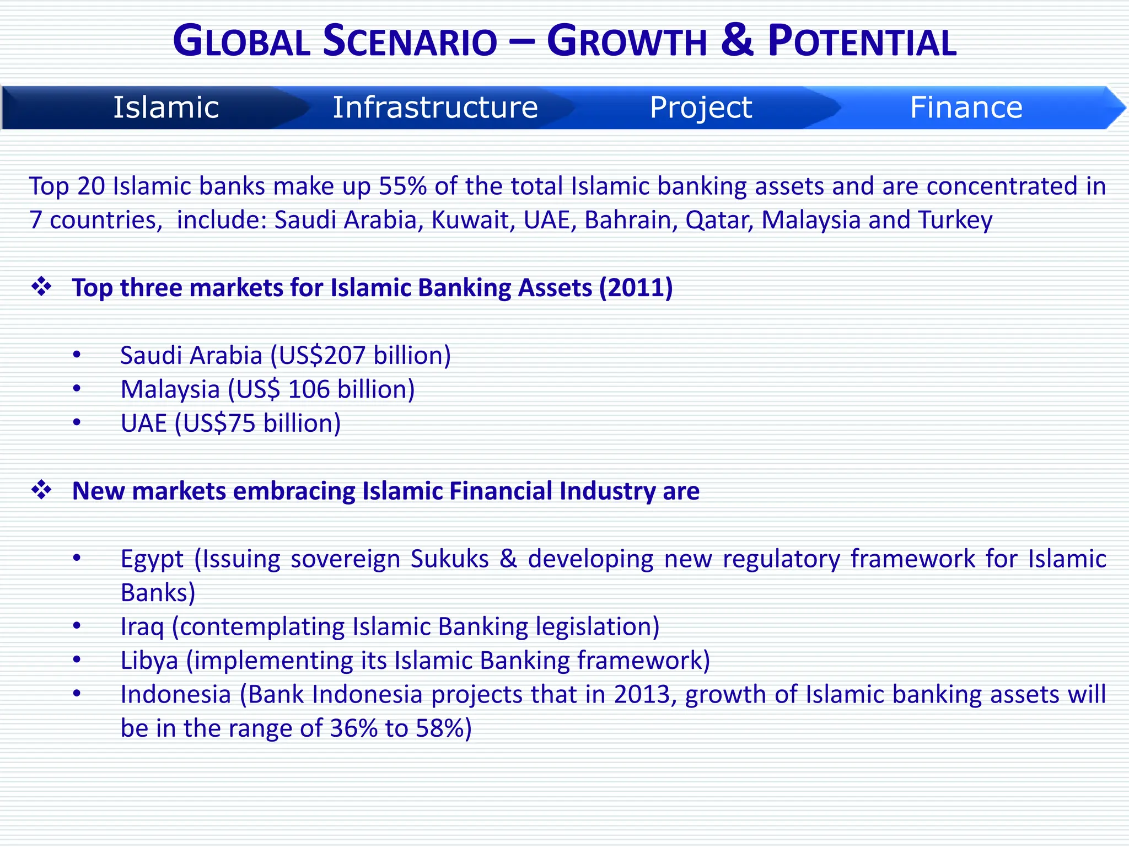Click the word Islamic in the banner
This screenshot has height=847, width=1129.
coord(166,107)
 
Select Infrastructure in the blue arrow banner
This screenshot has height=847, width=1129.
coord(435,107)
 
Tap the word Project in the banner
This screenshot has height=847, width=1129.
coord(700,107)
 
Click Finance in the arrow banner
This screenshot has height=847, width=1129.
coord(966,107)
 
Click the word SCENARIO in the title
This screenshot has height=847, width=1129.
coord(410,42)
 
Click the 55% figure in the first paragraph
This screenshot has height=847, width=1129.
coord(402,186)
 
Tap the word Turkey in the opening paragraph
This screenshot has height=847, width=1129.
coord(955,220)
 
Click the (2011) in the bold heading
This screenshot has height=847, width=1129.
coord(636,288)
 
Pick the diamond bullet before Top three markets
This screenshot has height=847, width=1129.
coord(41,287)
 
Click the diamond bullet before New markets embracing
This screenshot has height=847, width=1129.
coord(41,490)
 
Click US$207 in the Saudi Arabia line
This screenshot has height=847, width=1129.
coord(321,356)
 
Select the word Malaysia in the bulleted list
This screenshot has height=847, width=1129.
coord(170,390)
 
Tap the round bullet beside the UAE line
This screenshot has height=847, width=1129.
coord(77,423)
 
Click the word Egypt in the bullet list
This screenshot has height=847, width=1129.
coord(152,559)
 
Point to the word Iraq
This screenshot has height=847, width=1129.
coord(142,627)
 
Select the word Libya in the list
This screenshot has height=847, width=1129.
coord(149,661)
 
